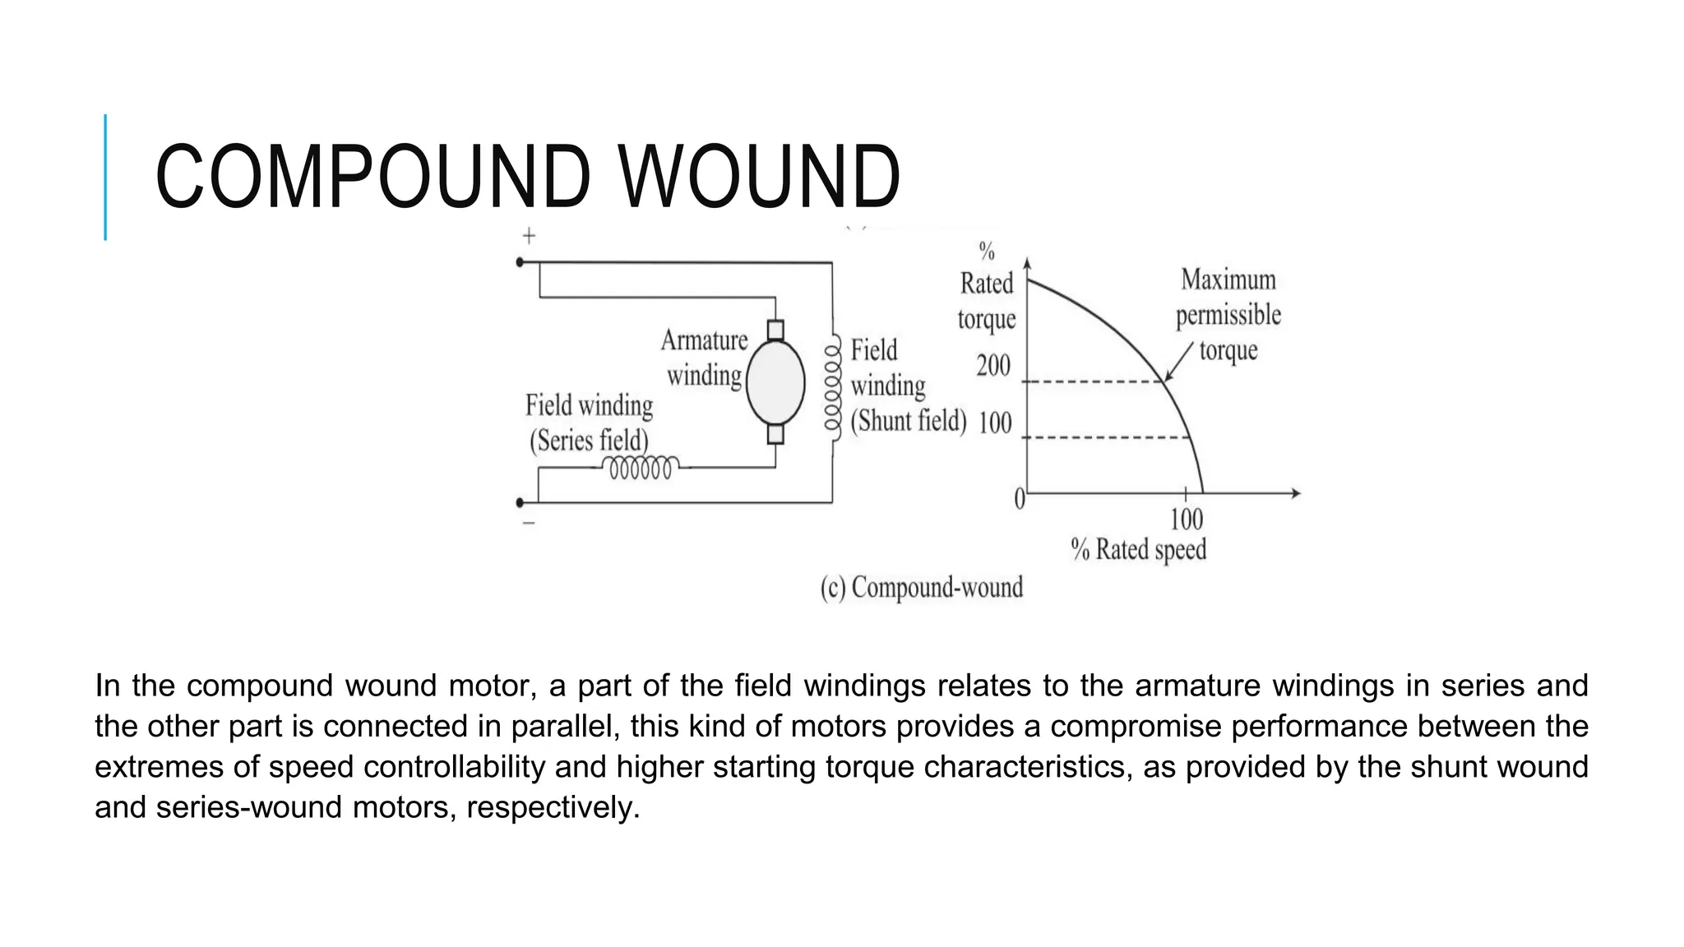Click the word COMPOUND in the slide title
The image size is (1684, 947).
pos(372,177)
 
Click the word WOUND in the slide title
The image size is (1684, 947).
pos(760,177)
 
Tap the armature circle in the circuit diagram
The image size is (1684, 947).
pos(775,382)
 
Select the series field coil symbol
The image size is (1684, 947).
pos(641,468)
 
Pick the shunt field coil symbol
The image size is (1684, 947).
pos(833,384)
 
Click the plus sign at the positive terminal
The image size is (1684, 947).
pos(529,236)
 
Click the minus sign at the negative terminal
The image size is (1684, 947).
pos(529,523)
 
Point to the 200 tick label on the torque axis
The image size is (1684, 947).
pos(993,365)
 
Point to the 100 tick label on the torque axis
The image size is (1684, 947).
pos(995,423)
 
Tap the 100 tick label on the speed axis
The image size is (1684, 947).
pos(1186,520)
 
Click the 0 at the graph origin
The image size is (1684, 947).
pos(1020,498)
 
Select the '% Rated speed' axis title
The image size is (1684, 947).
pos(1139,549)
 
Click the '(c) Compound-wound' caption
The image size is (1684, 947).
pos(922,588)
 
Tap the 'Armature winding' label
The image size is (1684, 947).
pos(704,358)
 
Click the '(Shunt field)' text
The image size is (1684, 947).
pos(909,421)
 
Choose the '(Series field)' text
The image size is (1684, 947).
pos(589,441)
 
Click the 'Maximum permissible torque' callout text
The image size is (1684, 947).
pos(1228,315)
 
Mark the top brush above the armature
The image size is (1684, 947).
pos(775,330)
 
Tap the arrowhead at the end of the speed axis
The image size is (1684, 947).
pos(1296,493)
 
